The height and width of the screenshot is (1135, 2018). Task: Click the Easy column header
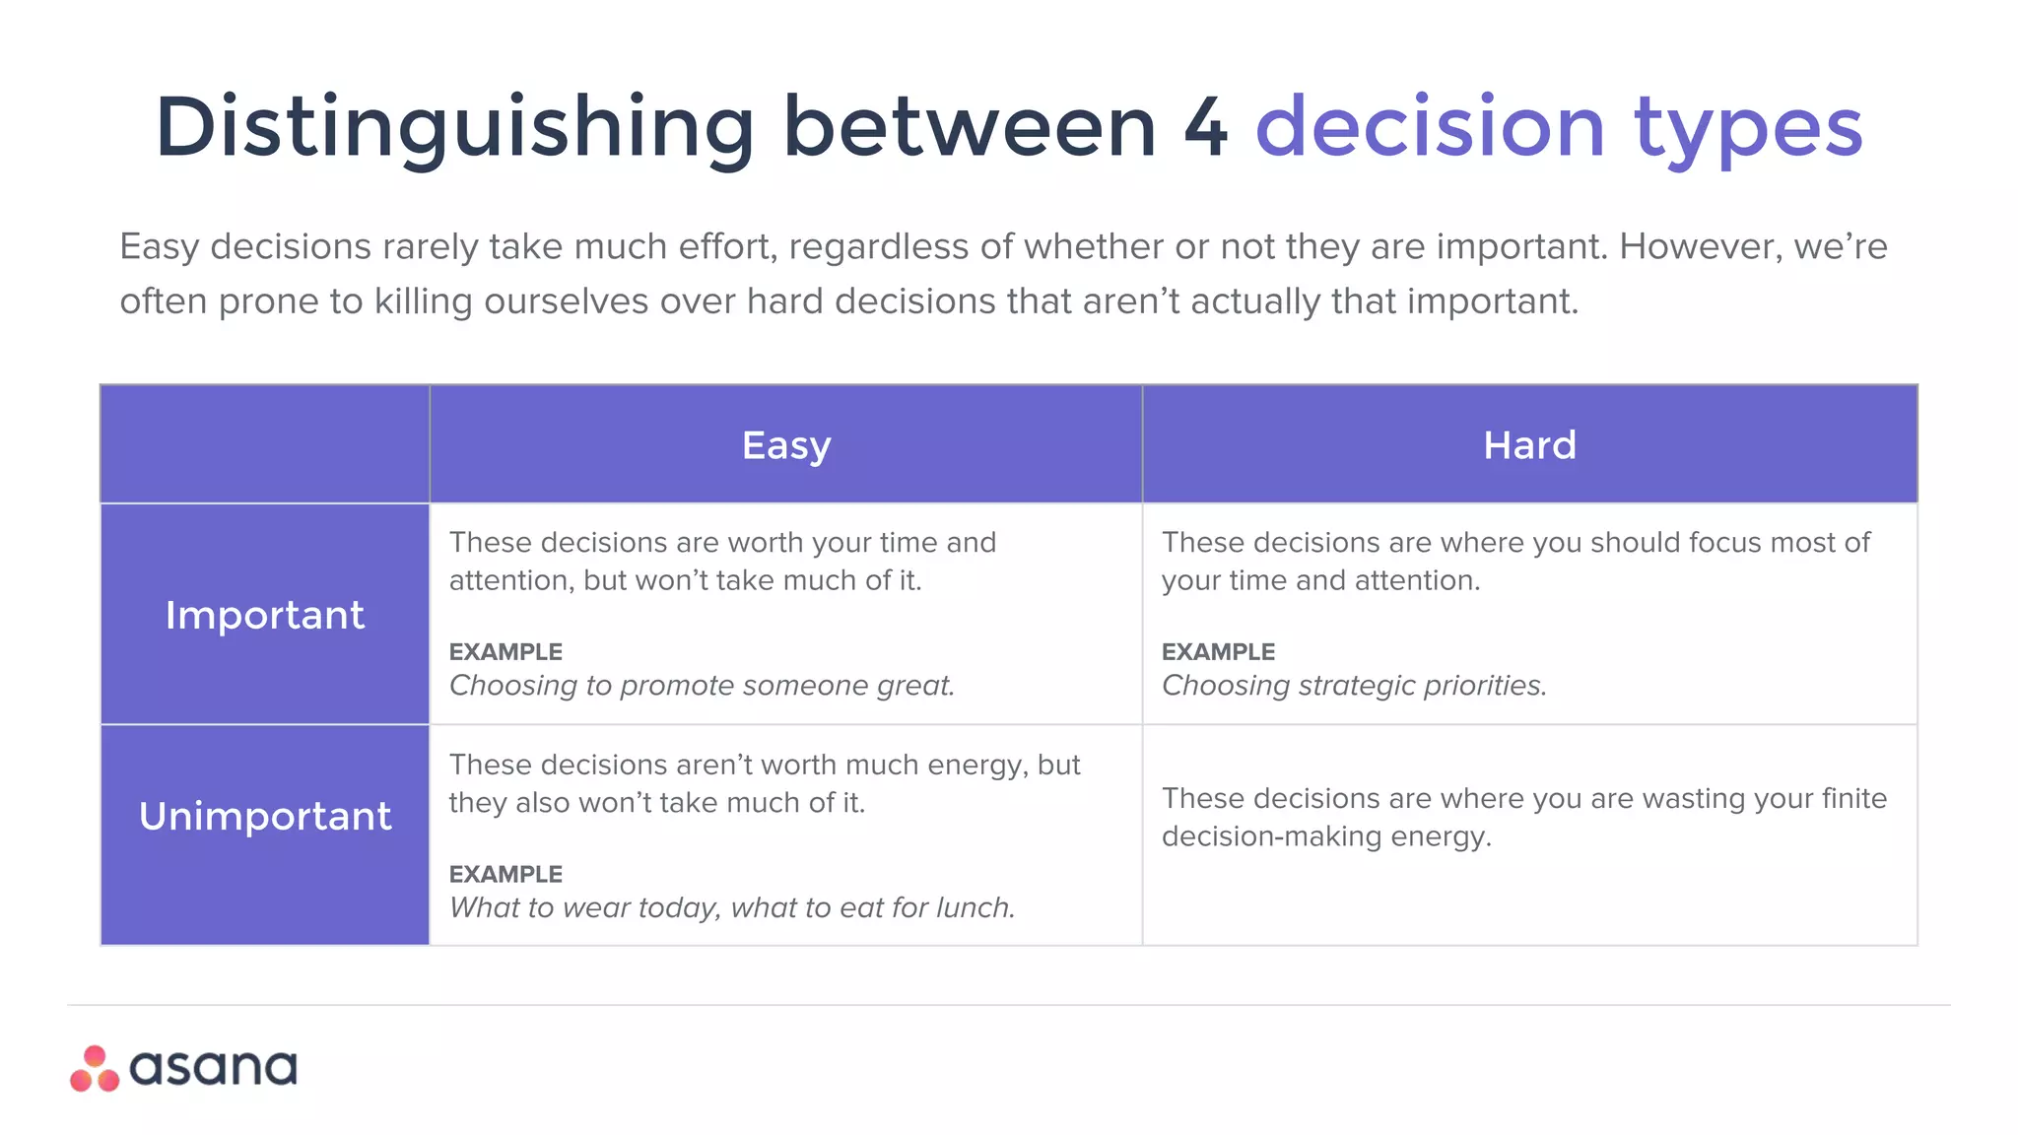[x=786, y=445]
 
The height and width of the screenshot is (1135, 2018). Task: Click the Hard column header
[x=1529, y=445]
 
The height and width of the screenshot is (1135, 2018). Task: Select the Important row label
[x=264, y=615]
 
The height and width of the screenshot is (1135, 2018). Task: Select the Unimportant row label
[x=264, y=816]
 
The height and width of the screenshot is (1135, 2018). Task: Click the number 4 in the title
[x=1205, y=127]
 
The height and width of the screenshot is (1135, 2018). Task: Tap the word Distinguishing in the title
[x=454, y=127]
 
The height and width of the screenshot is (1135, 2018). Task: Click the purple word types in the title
[x=1748, y=127]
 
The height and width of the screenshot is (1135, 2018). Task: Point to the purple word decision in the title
[x=1431, y=127]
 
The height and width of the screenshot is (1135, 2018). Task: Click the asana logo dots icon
[x=95, y=1069]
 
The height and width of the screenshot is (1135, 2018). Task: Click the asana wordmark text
[x=213, y=1069]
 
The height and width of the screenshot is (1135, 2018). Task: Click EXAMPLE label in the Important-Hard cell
[x=1218, y=652]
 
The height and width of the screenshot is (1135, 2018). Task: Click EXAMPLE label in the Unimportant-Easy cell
[x=505, y=874]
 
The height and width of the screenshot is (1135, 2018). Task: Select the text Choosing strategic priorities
[x=1354, y=686]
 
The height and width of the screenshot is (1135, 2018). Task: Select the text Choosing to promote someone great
[x=702, y=686]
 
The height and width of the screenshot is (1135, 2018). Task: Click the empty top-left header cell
[x=264, y=443]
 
